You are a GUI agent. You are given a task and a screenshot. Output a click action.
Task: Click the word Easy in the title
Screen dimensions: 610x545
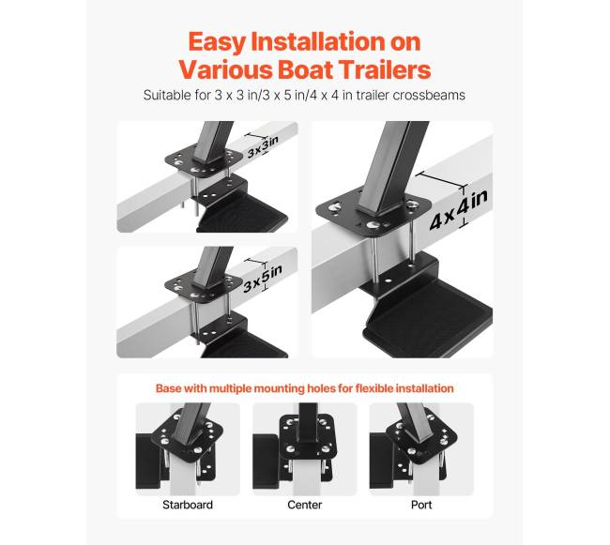(x=217, y=42)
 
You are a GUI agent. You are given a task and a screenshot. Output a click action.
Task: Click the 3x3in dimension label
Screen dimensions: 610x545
(x=264, y=147)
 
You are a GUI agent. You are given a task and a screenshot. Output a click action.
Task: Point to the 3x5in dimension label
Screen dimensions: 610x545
(x=263, y=277)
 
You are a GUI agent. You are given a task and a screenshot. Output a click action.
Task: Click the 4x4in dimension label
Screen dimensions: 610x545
(x=459, y=210)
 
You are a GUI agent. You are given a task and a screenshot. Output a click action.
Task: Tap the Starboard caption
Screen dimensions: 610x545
(x=188, y=505)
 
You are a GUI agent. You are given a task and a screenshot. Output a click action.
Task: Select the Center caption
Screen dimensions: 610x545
(x=305, y=505)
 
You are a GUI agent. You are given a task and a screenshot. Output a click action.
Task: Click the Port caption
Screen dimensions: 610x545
(x=421, y=505)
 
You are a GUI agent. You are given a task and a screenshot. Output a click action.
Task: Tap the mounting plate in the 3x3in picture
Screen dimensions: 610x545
(x=204, y=160)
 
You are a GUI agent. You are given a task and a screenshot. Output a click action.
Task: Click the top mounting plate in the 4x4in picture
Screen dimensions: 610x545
(x=374, y=214)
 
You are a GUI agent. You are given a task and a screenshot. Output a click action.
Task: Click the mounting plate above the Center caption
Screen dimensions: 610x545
(x=307, y=437)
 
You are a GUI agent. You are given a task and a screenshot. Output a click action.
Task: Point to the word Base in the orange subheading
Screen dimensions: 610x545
(x=168, y=388)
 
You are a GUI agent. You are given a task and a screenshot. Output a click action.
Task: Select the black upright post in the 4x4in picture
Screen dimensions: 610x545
(x=393, y=167)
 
